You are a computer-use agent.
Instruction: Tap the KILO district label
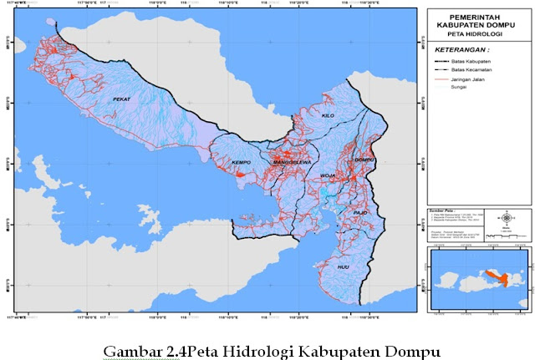(328, 115)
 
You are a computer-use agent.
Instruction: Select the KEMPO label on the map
(242, 161)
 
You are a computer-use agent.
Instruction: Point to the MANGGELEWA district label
(287, 161)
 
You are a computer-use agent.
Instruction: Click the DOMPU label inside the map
(364, 159)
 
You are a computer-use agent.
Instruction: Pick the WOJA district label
(327, 176)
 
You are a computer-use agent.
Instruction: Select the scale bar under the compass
(507, 236)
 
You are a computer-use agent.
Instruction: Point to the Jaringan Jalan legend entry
(471, 82)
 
